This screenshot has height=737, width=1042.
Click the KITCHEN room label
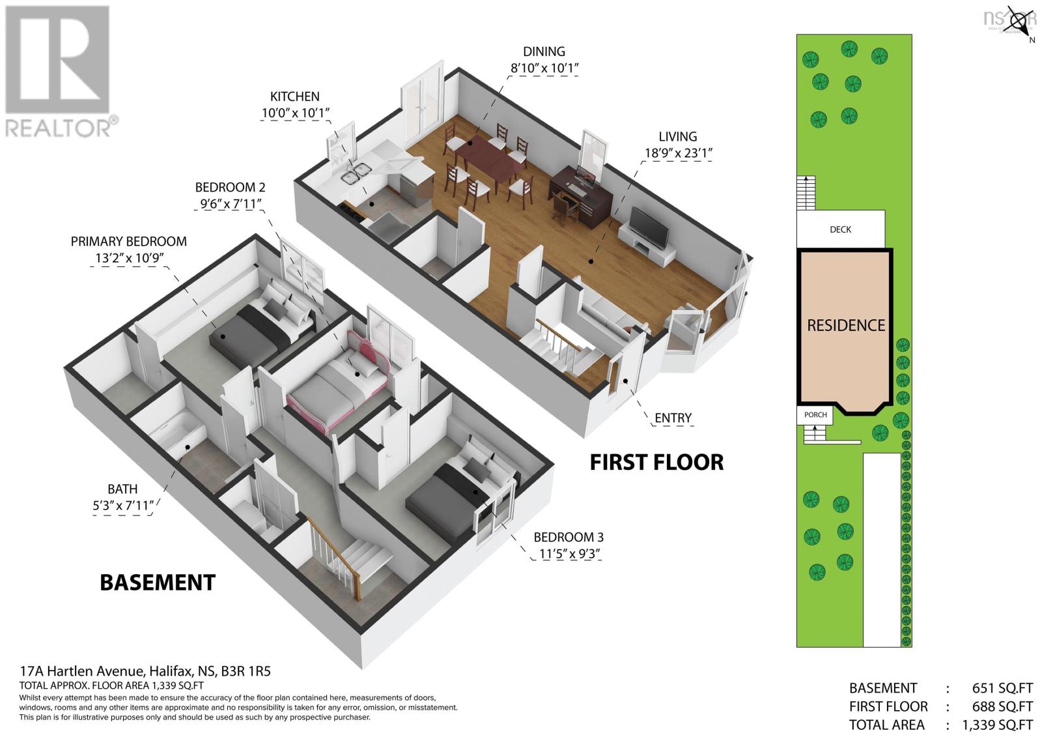click(294, 96)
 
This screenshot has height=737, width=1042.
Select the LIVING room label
click(677, 136)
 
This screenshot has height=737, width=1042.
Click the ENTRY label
click(673, 418)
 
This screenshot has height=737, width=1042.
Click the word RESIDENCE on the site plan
click(845, 325)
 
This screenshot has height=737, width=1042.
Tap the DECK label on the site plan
click(840, 229)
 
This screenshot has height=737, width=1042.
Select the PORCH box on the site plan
click(815, 414)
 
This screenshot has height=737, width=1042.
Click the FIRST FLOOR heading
click(656, 462)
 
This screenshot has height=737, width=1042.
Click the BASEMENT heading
click(157, 582)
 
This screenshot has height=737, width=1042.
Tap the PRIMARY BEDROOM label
click(128, 241)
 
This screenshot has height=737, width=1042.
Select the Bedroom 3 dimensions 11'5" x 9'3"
click(569, 555)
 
